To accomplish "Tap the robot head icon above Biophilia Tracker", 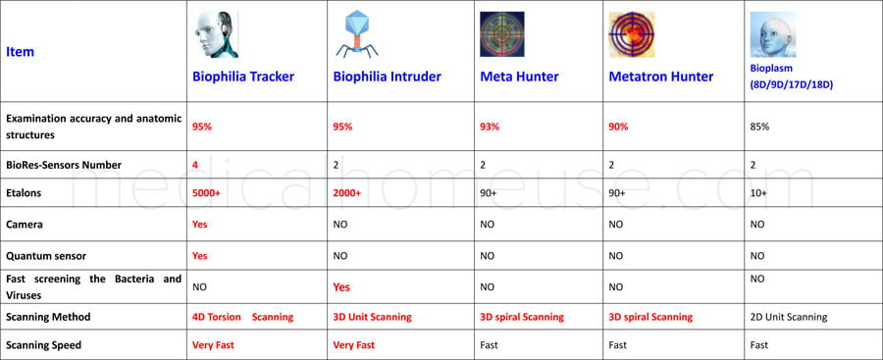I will pos(216,35).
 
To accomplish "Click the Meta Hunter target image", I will pos(501,34).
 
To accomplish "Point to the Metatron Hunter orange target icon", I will pos(632,35).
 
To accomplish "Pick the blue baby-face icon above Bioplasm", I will pos(772,34).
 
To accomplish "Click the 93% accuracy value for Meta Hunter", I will pos(490,127).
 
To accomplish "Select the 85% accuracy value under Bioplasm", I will pos(759,127).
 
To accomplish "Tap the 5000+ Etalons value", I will pos(206,193).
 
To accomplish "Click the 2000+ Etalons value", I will pos(347,193).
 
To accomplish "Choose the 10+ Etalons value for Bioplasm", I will pos(758,193).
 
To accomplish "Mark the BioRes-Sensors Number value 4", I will pos(195,165).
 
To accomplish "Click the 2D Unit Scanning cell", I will pos(787,317).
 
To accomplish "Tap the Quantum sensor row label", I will pos(46,256).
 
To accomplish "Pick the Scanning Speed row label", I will pos(44,344).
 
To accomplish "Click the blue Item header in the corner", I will pos(21,52).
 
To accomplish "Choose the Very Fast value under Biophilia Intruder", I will pos(354,344).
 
